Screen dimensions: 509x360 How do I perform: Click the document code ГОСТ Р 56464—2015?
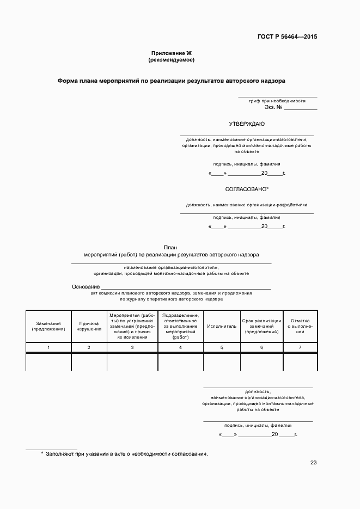[x=287, y=37]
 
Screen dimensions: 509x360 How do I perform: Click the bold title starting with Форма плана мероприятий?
[x=172, y=80]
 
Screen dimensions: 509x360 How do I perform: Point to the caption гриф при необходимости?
[x=277, y=101]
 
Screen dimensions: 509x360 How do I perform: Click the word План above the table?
[x=170, y=247]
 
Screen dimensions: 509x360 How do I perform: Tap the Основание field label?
[x=86, y=287]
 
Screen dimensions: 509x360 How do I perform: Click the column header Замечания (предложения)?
[x=48, y=326]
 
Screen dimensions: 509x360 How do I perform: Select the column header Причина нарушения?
[x=89, y=326]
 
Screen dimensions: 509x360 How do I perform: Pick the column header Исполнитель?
[x=222, y=326]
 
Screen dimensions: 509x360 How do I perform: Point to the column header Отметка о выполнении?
[x=300, y=326]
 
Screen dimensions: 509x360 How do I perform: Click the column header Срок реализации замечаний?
[x=261, y=326]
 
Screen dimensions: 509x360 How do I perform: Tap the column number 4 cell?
[x=180, y=347]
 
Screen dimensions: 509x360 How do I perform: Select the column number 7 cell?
[x=300, y=347]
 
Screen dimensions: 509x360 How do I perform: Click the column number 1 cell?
[x=48, y=347]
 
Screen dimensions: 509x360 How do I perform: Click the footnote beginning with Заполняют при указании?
[x=126, y=453]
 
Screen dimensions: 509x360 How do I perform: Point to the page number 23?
[x=313, y=463]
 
